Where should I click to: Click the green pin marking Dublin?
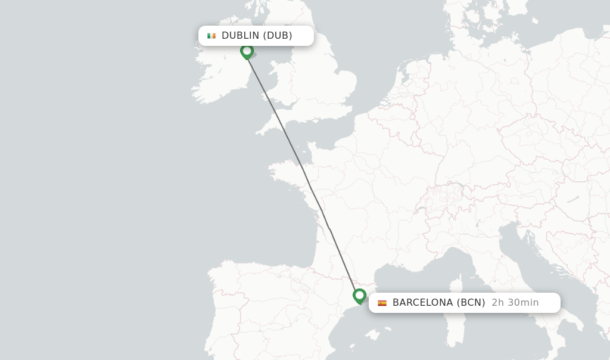tap(247, 52)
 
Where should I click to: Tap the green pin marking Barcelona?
tap(359, 296)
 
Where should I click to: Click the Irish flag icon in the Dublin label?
tap(211, 36)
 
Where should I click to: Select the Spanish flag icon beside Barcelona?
tap(382, 303)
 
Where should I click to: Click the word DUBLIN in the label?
tap(240, 36)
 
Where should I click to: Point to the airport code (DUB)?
tap(278, 36)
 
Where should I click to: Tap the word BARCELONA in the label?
tap(422, 303)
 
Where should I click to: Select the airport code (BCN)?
tap(471, 303)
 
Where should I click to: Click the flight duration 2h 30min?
tap(515, 303)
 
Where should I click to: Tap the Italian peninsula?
tap(524, 280)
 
